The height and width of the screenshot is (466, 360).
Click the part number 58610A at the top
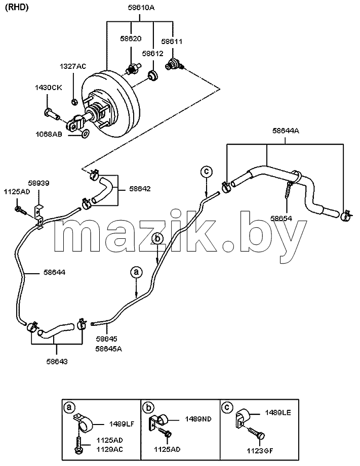pyautogui.click(x=141, y=8)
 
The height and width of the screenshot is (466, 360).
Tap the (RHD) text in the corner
pyautogui.click(x=17, y=8)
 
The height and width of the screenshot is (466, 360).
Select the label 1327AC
pyautogui.click(x=73, y=66)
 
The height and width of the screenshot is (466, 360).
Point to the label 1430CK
pyautogui.click(x=49, y=88)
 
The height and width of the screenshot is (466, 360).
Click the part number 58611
pyautogui.click(x=172, y=41)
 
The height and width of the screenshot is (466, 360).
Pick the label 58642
pyautogui.click(x=140, y=189)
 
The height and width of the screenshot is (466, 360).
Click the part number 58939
pyautogui.click(x=38, y=183)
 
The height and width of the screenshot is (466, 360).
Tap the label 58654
pyautogui.click(x=281, y=219)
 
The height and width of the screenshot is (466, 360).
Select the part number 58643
pyautogui.click(x=57, y=361)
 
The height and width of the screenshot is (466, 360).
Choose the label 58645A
pyautogui.click(x=108, y=349)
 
